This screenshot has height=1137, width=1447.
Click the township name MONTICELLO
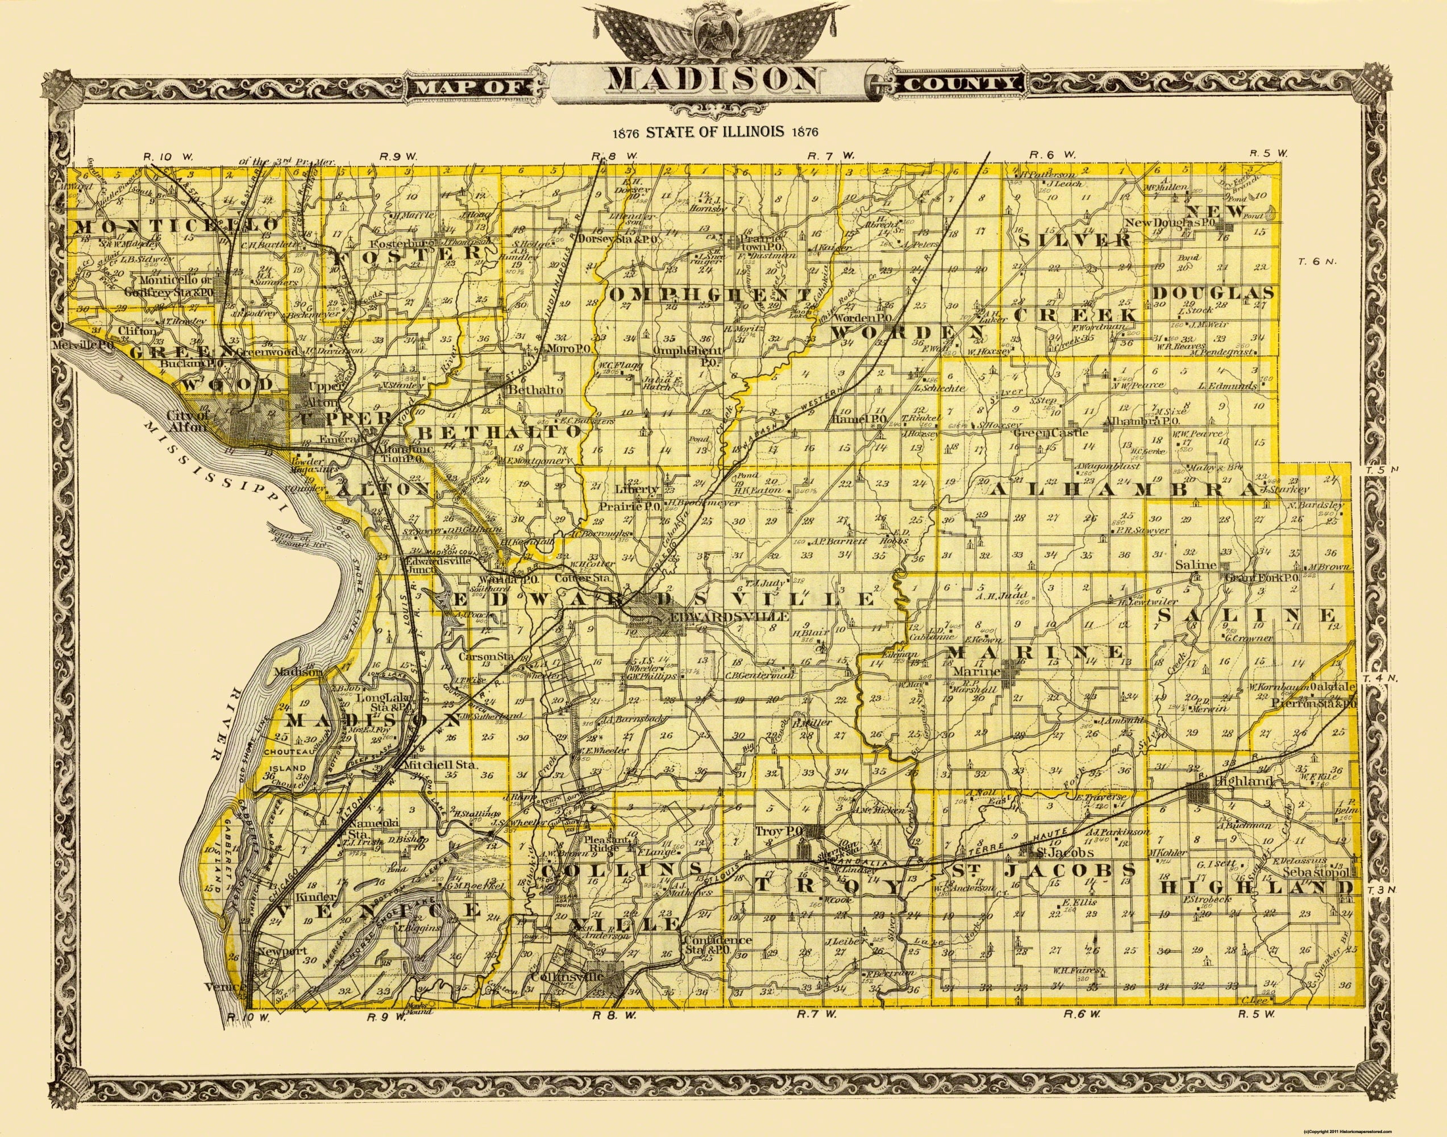tap(174, 226)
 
